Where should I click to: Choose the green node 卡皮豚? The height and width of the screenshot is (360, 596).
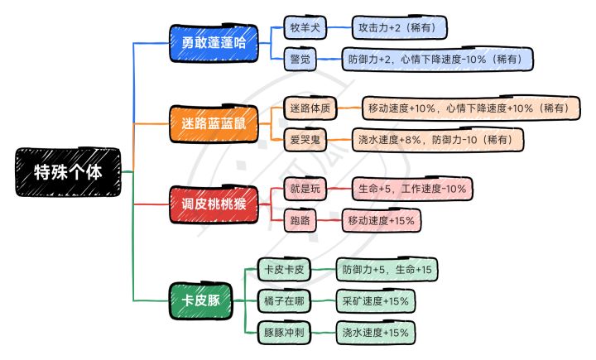click(x=201, y=299)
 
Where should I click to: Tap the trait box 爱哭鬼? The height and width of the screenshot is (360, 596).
click(x=305, y=139)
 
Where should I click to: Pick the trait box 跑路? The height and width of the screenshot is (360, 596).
click(x=300, y=220)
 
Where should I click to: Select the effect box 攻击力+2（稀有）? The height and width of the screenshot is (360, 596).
click(x=400, y=28)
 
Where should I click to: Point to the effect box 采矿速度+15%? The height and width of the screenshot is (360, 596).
click(x=375, y=300)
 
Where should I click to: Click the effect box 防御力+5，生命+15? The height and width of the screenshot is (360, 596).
click(x=388, y=270)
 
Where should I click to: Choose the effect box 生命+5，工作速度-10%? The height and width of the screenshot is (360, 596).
click(x=412, y=190)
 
